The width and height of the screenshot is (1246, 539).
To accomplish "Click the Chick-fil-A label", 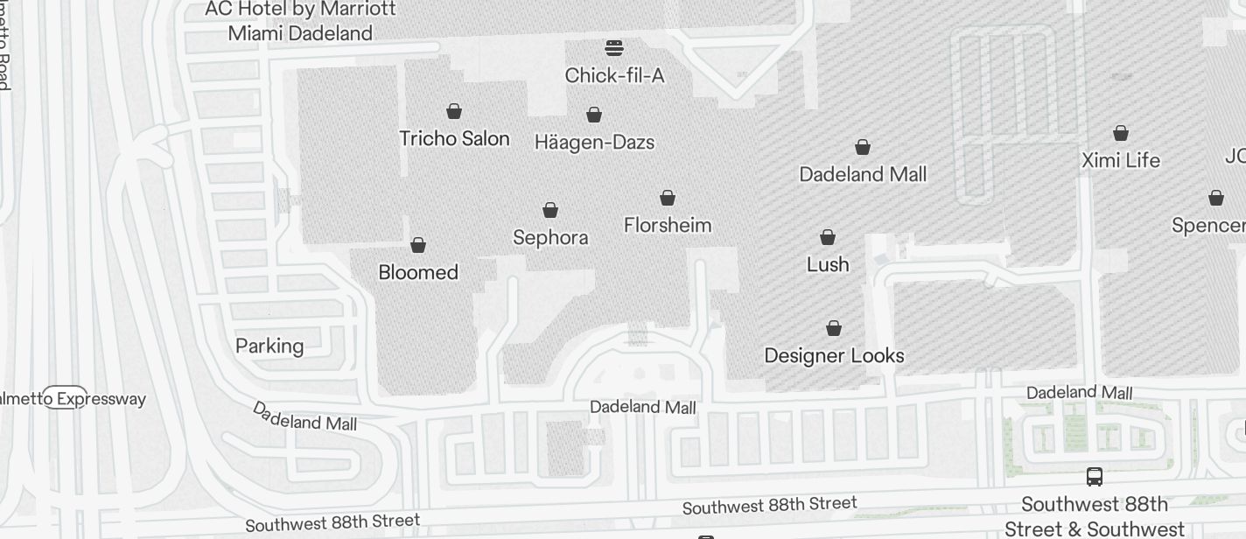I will [614, 76].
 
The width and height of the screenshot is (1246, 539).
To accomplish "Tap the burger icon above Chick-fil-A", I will [614, 47].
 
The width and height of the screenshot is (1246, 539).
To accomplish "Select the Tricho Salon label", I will [454, 138].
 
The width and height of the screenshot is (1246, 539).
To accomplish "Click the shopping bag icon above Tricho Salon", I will [454, 111].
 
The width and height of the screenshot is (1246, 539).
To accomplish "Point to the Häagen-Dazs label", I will [595, 142].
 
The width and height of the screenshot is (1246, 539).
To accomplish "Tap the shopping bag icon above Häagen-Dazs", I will [594, 115].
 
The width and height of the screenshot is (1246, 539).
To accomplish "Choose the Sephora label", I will [550, 237].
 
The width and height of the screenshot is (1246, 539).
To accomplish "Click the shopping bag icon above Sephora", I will [550, 210].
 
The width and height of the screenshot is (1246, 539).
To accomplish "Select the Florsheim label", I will [668, 225].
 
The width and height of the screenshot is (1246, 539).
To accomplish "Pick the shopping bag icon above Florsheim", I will [668, 198].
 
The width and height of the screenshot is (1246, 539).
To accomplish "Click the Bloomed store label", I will [418, 272].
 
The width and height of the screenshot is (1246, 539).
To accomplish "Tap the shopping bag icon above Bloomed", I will [418, 245].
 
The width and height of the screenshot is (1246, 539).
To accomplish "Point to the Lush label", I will [828, 264].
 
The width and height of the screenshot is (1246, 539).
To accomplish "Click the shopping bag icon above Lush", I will [828, 237].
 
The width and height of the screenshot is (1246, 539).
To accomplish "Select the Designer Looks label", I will [834, 355].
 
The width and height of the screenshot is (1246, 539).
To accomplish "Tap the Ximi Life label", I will [1121, 160].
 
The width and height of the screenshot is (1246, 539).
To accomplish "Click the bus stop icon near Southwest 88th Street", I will [1094, 477].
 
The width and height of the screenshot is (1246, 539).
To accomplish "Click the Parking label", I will [269, 346].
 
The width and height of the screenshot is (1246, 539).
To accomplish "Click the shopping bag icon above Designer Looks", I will [834, 328].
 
